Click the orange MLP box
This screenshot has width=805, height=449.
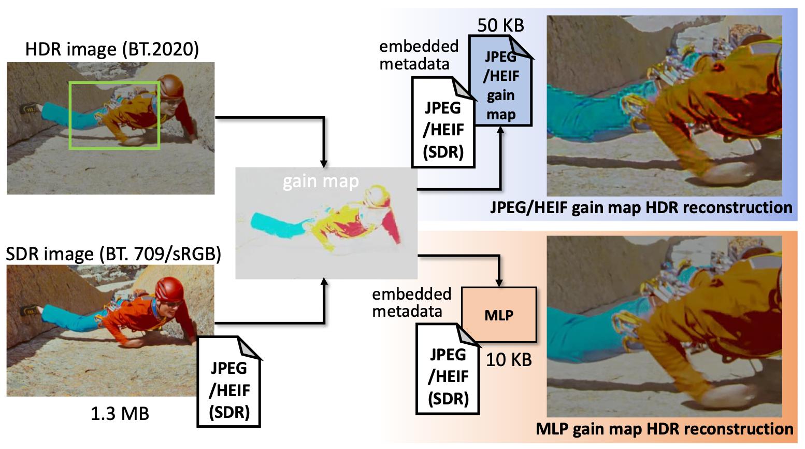499,314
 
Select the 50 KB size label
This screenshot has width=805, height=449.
500,25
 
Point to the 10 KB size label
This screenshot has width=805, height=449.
509,360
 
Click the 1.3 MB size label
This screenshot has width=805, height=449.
120,414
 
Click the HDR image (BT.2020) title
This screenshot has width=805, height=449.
112,49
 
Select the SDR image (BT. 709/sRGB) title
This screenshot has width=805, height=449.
113,254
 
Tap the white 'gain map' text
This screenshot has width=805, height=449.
321,181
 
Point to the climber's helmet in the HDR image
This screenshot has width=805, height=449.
170,86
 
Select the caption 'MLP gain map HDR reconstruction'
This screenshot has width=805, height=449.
665,429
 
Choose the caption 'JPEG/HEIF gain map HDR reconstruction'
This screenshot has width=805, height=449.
641,208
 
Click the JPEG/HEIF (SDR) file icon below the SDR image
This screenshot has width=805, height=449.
229,382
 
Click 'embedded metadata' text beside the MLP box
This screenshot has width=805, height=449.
411,303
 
